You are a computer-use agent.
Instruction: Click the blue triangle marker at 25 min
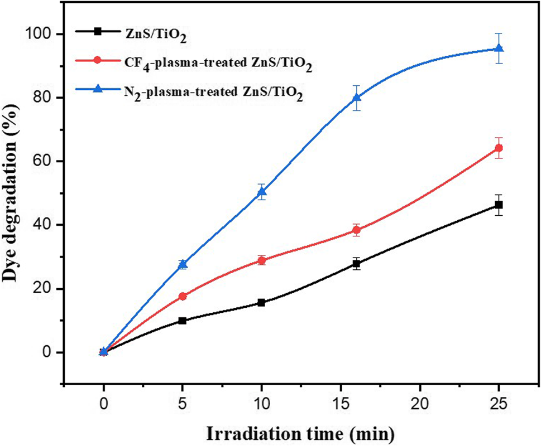tap(499, 49)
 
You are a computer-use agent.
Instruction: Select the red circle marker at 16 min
tap(356, 230)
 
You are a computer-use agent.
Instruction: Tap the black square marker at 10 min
tap(261, 303)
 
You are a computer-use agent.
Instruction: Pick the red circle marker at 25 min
tap(499, 148)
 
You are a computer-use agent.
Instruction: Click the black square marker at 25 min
tap(499, 205)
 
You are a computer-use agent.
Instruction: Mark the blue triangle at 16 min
tap(356, 98)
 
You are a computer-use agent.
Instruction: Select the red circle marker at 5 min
tap(183, 296)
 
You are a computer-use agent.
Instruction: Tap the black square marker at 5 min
tap(183, 321)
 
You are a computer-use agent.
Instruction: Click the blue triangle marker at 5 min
tap(183, 264)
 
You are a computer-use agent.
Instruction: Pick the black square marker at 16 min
tap(356, 264)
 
